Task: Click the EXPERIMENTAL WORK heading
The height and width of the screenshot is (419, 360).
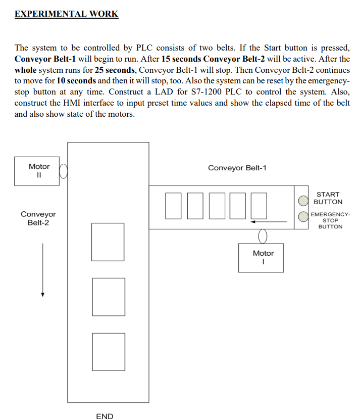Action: click(x=66, y=14)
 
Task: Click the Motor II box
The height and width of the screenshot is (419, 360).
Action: click(x=39, y=171)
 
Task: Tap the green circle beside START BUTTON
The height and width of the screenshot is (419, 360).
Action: click(x=302, y=200)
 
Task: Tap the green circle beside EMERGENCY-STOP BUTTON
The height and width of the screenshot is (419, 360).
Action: click(x=302, y=217)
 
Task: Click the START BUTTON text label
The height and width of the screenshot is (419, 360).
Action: click(x=328, y=198)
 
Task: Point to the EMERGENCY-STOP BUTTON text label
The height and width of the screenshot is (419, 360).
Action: click(x=330, y=220)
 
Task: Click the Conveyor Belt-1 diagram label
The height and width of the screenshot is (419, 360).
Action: click(x=237, y=168)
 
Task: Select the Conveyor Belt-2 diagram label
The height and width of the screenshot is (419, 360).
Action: click(x=38, y=218)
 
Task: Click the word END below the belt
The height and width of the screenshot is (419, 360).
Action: click(x=105, y=416)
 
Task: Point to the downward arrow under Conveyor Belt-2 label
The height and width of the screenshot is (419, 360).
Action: click(x=43, y=270)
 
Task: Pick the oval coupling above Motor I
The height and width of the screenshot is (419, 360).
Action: click(x=263, y=236)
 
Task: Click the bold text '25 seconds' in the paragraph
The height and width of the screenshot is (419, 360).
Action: click(x=112, y=70)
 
